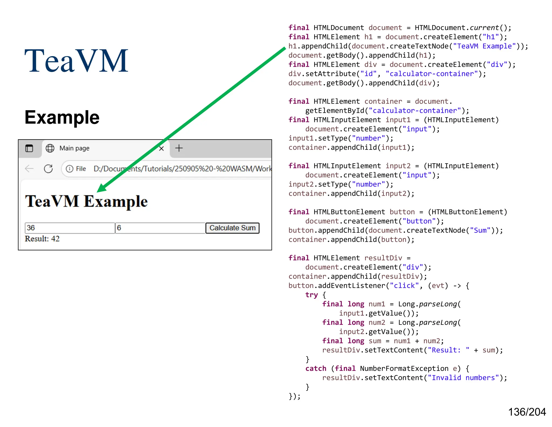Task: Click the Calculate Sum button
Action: pos(232,228)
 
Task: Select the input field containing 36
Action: pos(70,228)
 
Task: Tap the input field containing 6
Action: pos(160,228)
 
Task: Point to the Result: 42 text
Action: pos(42,239)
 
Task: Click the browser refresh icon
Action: pos(49,169)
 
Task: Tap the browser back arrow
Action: pos(29,169)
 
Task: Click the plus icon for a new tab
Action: pos(179,148)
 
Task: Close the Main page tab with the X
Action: pos(161,148)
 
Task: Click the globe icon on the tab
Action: pos(50,148)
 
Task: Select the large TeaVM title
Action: pos(76,61)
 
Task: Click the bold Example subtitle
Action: pos(62,117)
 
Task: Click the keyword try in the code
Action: pos(312,295)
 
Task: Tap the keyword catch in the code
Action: pos(316,368)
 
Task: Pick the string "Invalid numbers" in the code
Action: pos(463,378)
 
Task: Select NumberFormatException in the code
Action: pos(404,368)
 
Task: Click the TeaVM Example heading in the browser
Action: pos(86,201)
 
